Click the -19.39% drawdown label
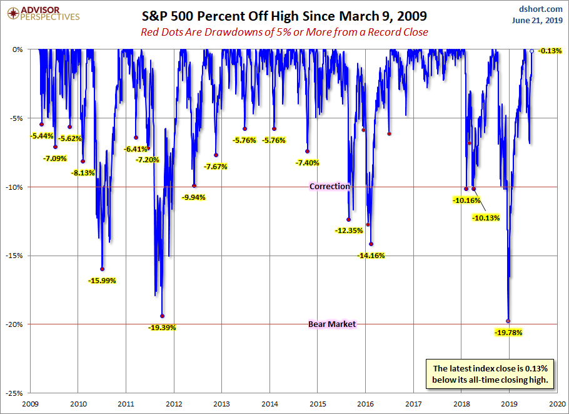tap(162, 327)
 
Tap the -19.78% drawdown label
tap(508, 333)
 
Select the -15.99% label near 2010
tap(102, 280)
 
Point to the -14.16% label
tap(371, 255)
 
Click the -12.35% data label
tap(349, 230)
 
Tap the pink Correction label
tap(330, 186)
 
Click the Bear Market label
tap(332, 324)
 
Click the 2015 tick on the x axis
tap(317, 404)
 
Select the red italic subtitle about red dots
tap(284, 32)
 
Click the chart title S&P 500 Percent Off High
tap(284, 15)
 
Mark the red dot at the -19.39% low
tap(162, 316)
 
